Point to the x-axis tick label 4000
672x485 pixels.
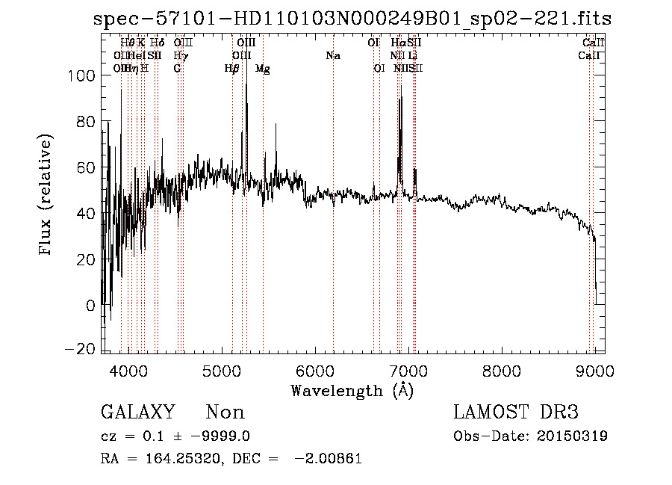(128, 371)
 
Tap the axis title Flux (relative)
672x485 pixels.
(46, 196)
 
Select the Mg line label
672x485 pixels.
(262, 69)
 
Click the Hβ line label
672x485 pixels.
(232, 69)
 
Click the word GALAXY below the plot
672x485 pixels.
(138, 413)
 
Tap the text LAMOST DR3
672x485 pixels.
(516, 413)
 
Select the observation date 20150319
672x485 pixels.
(576, 436)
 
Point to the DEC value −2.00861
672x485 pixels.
(330, 459)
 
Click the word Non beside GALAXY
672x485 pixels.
(225, 413)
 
